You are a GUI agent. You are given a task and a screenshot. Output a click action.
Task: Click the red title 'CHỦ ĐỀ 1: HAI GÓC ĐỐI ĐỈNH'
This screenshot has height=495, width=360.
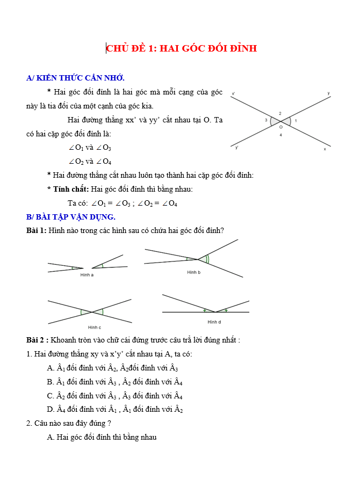(182, 48)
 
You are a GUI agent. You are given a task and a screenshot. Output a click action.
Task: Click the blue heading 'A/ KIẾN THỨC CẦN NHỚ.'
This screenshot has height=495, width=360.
(75, 78)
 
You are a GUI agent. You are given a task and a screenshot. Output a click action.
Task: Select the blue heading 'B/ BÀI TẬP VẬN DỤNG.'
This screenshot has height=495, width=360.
(70, 217)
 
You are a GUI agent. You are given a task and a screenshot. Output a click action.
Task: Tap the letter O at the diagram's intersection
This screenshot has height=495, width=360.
(280, 128)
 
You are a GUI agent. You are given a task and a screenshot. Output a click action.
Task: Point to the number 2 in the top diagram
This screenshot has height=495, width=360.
(280, 113)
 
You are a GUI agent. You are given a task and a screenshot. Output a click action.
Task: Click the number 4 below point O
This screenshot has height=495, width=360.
(280, 135)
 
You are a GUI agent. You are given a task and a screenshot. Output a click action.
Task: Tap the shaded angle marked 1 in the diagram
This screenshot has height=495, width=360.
(287, 121)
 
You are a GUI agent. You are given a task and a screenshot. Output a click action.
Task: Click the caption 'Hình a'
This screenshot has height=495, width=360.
(87, 275)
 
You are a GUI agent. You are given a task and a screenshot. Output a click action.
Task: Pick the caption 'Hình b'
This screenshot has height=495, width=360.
(193, 272)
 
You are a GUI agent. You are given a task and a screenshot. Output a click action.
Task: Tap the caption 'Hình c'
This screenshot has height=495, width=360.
(95, 327)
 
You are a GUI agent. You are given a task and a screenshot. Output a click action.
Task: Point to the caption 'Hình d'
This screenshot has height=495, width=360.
(214, 322)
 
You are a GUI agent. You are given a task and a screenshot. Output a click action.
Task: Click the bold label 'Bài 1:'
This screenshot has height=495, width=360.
(36, 230)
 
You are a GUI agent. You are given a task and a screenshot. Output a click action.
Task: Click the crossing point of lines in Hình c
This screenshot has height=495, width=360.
(91, 312)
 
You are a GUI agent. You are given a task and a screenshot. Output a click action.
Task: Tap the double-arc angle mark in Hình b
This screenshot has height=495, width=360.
(207, 259)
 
